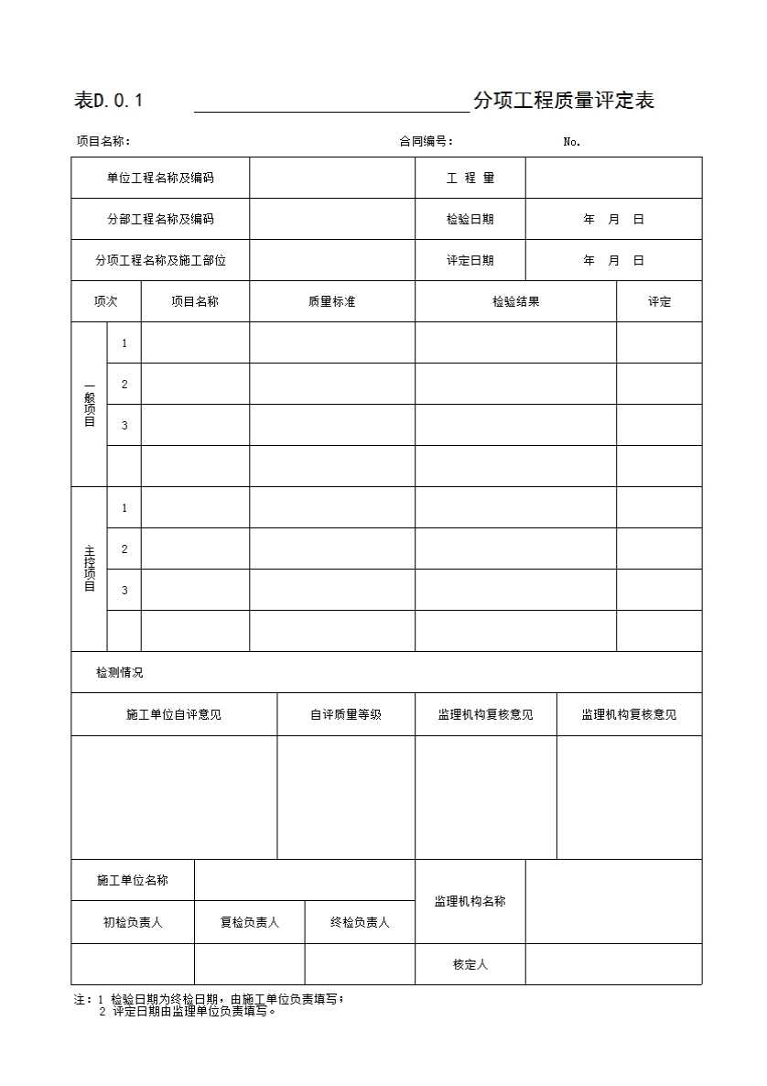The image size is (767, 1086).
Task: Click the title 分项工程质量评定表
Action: (x=563, y=101)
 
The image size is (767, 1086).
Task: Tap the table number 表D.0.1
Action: (x=108, y=101)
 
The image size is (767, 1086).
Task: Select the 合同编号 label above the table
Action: (x=426, y=141)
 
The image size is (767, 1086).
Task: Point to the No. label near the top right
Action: (x=572, y=141)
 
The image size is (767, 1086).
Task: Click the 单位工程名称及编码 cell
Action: (x=160, y=178)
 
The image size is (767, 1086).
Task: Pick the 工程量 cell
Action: (x=470, y=178)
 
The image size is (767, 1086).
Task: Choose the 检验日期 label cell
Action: (x=470, y=219)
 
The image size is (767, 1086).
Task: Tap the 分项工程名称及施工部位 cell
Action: (x=160, y=260)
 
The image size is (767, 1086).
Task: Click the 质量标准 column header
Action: (x=331, y=301)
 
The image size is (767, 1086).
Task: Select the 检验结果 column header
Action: (x=515, y=301)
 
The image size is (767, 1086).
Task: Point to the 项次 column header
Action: (x=105, y=301)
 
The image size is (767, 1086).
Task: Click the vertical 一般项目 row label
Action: (x=90, y=404)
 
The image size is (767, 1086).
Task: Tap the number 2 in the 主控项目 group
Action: (x=124, y=548)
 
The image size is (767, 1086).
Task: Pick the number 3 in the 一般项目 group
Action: (x=124, y=425)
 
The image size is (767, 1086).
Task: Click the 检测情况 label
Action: (x=120, y=672)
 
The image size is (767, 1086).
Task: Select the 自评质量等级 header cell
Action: (x=346, y=714)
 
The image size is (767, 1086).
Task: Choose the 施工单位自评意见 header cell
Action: (x=174, y=714)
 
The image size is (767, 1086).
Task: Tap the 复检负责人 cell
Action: (x=249, y=922)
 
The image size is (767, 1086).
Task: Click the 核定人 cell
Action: (x=470, y=964)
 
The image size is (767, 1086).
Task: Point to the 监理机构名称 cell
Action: (x=470, y=901)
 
